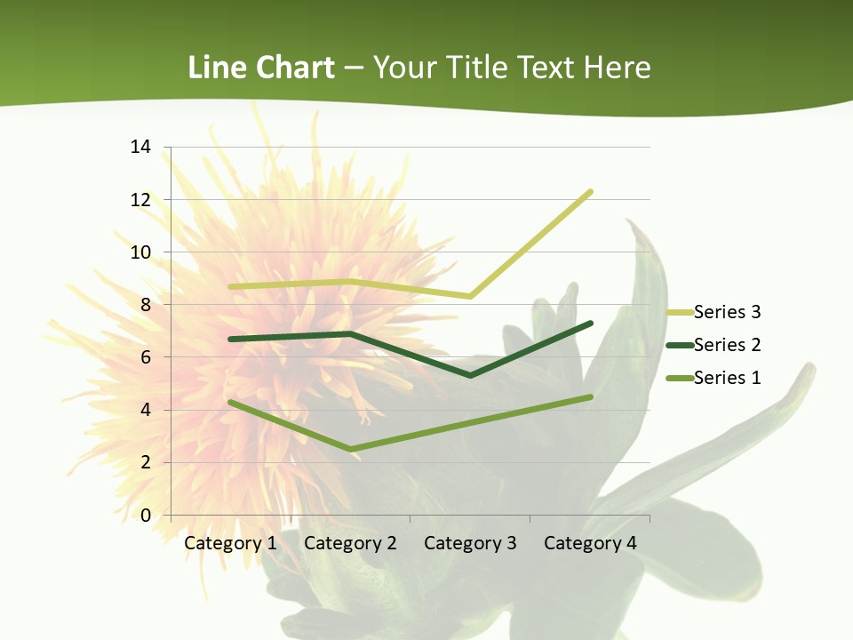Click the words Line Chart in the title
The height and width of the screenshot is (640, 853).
click(261, 68)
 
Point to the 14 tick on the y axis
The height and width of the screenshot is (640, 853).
click(140, 147)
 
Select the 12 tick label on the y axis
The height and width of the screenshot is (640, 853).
click(140, 199)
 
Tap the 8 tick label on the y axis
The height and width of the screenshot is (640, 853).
click(146, 305)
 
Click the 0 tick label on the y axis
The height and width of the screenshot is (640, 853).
click(146, 516)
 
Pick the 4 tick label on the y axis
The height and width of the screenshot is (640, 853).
click(146, 410)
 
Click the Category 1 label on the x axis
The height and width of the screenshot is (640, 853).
click(230, 543)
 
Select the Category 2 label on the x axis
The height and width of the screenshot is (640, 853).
click(350, 543)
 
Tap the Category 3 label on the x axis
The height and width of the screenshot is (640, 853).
click(470, 543)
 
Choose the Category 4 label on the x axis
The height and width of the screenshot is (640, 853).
click(590, 543)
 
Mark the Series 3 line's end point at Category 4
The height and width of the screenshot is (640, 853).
click(590, 192)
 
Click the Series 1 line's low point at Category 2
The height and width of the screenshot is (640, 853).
click(350, 449)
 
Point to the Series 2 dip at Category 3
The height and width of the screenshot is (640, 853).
click(470, 375)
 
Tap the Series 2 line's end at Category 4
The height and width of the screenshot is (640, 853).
click(590, 324)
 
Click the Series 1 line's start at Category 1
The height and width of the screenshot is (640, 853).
click(230, 402)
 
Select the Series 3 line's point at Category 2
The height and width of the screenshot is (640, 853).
click(350, 282)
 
